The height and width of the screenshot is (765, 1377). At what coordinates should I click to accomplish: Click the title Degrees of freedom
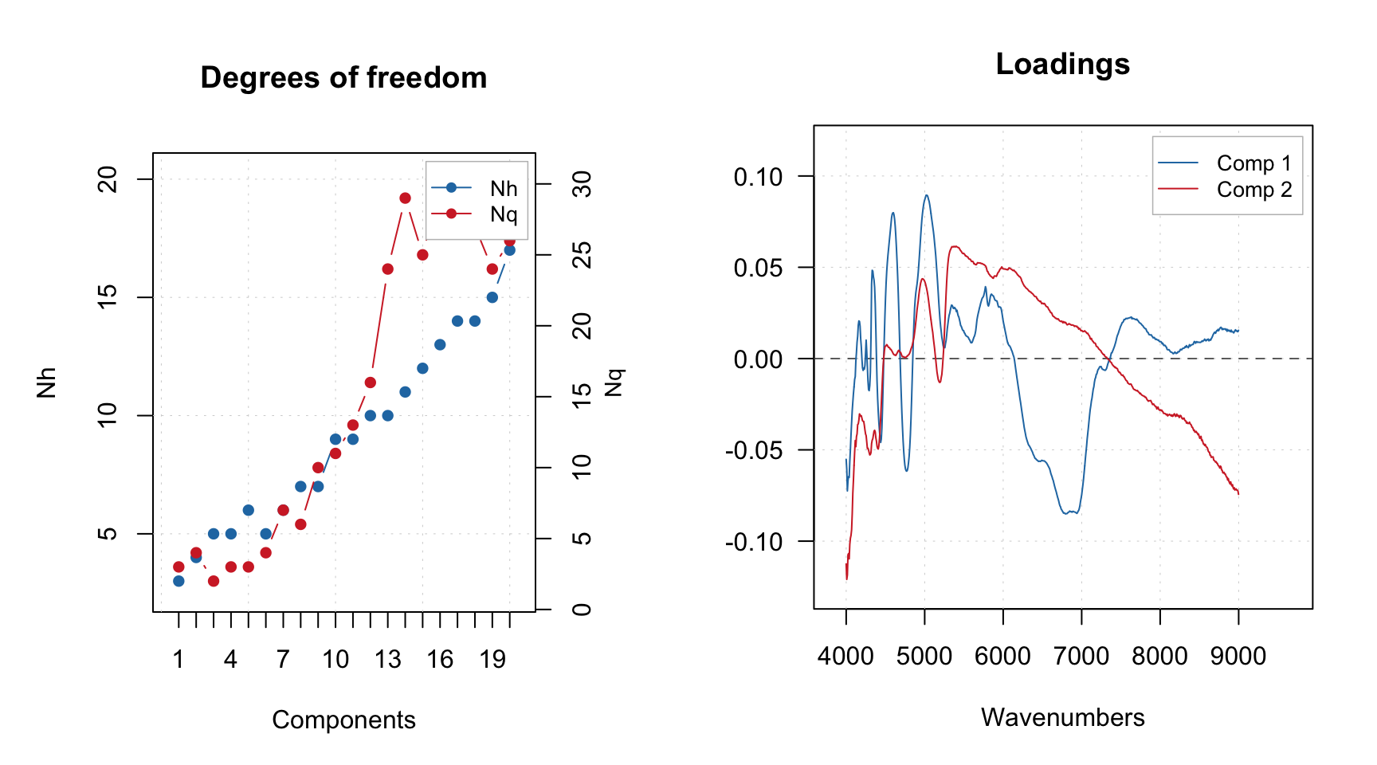click(343, 78)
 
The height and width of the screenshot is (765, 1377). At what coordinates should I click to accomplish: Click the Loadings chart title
click(1062, 64)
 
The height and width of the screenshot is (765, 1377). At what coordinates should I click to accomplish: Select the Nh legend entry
click(503, 189)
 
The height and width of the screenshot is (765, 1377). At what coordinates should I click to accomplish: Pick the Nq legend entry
click(503, 214)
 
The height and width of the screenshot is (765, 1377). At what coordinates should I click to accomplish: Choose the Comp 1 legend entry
click(1253, 163)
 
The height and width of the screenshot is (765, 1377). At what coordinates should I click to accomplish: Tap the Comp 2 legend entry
click(1253, 190)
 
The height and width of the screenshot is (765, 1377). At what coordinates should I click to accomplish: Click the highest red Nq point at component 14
click(405, 198)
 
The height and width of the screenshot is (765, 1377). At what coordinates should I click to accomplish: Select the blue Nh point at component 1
click(178, 581)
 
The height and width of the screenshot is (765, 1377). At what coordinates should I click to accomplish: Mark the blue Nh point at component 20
click(510, 250)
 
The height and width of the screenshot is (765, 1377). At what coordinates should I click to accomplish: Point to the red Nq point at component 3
click(214, 581)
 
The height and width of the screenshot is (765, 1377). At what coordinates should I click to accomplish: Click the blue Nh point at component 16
click(440, 344)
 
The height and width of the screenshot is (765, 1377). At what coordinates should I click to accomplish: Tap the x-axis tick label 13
click(387, 659)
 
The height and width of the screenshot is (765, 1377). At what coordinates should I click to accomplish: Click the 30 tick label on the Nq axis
click(583, 184)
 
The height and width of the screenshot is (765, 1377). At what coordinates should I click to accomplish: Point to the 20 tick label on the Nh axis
click(108, 179)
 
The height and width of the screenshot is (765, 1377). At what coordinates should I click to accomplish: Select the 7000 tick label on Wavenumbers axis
click(1081, 657)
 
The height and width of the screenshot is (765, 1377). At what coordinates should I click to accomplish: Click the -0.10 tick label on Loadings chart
click(754, 542)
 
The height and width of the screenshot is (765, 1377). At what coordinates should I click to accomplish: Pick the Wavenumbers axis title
click(1062, 717)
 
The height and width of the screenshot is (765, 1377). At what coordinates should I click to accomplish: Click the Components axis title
click(343, 720)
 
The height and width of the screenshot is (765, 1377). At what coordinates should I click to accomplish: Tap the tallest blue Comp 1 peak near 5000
click(926, 195)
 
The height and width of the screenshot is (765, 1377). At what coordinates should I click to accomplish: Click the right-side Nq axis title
click(613, 382)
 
